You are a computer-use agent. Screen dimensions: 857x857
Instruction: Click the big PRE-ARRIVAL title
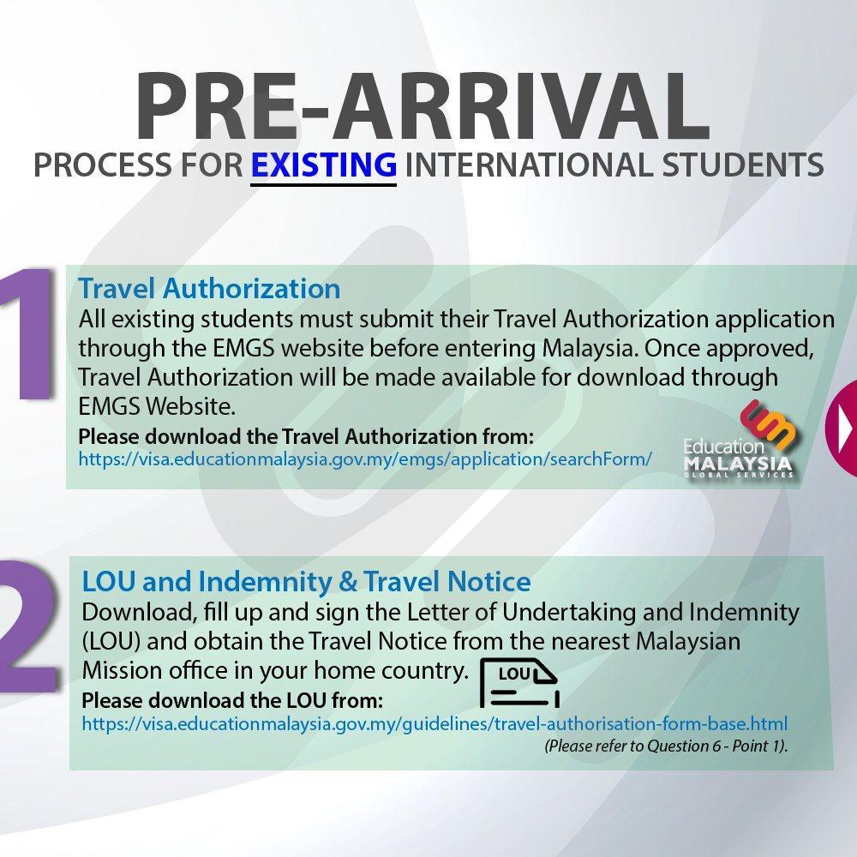click(422, 105)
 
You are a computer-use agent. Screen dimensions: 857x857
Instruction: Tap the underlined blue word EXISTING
click(324, 165)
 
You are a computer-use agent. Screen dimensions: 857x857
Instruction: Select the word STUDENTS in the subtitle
click(742, 165)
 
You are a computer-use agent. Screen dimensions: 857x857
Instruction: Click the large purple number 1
click(27, 333)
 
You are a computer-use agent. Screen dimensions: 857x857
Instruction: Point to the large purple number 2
click(27, 626)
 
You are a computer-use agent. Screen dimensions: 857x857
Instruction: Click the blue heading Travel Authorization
click(209, 288)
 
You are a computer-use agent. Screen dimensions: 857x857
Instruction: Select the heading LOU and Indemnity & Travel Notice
click(306, 581)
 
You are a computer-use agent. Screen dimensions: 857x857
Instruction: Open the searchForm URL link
click(365, 459)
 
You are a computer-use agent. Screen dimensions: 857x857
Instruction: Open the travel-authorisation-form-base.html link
click(434, 723)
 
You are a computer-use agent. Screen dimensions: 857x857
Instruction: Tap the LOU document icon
click(519, 683)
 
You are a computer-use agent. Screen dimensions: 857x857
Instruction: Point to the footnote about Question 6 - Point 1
click(666, 746)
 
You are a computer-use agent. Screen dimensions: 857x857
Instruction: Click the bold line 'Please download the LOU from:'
click(232, 700)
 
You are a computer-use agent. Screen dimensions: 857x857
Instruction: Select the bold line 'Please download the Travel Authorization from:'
click(306, 437)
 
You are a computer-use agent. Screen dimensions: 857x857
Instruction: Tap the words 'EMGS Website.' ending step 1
click(158, 406)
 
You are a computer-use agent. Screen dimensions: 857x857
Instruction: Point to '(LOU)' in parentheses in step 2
click(111, 642)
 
